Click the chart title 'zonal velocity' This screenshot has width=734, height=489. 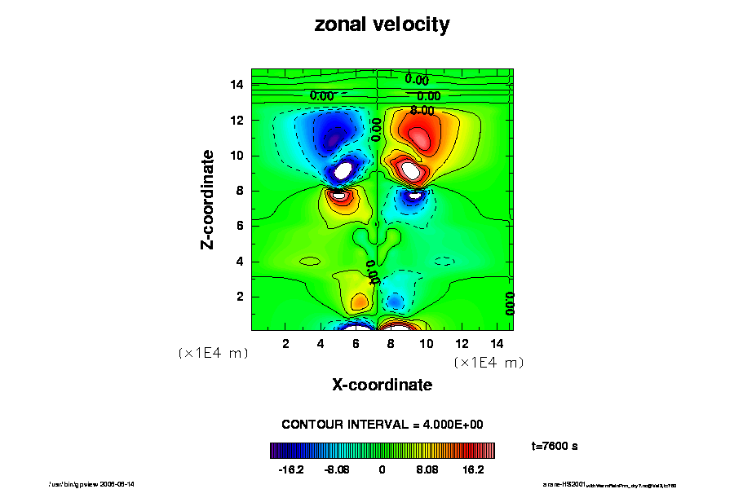(382, 25)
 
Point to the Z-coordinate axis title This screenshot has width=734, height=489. (209, 199)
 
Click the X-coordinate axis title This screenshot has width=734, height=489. (382, 385)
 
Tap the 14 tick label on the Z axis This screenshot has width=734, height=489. (237, 85)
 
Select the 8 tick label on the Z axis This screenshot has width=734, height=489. (240, 191)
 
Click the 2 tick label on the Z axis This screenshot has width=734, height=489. (240, 297)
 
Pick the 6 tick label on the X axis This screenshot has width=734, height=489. (356, 344)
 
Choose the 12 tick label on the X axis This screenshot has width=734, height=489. (461, 344)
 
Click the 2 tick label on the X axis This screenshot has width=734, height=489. (285, 344)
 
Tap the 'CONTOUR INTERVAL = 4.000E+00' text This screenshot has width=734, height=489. (382, 425)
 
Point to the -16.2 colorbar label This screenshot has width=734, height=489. (291, 470)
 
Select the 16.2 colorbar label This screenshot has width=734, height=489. (474, 470)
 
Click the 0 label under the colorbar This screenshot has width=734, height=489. (382, 470)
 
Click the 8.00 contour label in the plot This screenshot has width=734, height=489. (422, 110)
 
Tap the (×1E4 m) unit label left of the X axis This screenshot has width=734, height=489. (213, 353)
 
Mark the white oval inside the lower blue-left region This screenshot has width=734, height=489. (343, 170)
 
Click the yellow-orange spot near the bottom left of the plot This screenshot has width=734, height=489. (359, 302)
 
